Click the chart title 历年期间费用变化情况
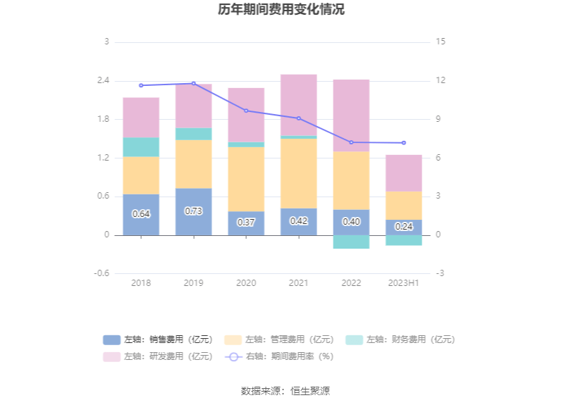click(x=285, y=10)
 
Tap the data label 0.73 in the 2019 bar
click(x=193, y=211)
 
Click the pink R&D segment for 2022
click(x=351, y=116)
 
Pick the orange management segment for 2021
click(x=298, y=173)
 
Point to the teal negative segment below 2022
click(x=351, y=242)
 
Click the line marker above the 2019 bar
click(x=193, y=84)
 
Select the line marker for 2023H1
click(x=403, y=143)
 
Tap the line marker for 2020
click(x=246, y=111)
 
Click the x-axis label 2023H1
click(x=403, y=283)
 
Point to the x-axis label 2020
click(x=246, y=283)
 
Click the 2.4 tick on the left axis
click(x=103, y=80)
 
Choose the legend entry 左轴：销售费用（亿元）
click(x=158, y=339)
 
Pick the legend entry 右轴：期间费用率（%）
click(x=279, y=356)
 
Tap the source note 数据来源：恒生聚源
click(x=285, y=391)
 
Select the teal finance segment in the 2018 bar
click(x=141, y=147)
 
